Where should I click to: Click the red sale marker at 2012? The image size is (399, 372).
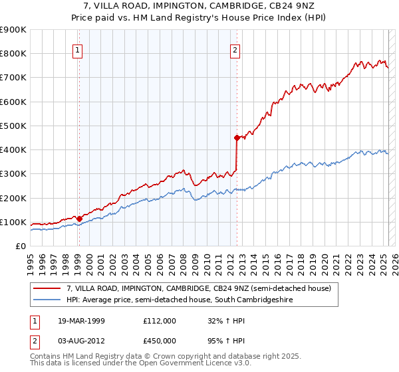pyautogui.click(x=236, y=138)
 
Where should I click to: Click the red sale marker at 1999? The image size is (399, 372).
pyautogui.click(x=79, y=219)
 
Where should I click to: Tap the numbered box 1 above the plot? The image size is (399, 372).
pyautogui.click(x=78, y=48)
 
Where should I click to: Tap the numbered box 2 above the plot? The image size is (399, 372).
pyautogui.click(x=235, y=48)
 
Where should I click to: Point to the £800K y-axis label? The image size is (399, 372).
pyautogui.click(x=13, y=54)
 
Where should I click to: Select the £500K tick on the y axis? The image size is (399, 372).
pyautogui.click(x=13, y=126)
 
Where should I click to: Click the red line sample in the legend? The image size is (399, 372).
pyautogui.click(x=47, y=288)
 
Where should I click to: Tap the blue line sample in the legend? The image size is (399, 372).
pyautogui.click(x=47, y=300)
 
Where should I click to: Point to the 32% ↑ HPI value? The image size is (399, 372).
pyautogui.click(x=218, y=321)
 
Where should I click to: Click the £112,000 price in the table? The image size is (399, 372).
pyautogui.click(x=159, y=321)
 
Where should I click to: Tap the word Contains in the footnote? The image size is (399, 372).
pyautogui.click(x=45, y=357)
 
